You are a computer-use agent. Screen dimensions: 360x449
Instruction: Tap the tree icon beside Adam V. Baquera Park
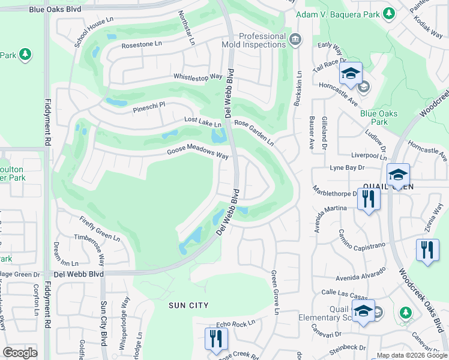tap(388, 13)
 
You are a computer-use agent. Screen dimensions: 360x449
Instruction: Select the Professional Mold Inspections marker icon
tap(295, 40)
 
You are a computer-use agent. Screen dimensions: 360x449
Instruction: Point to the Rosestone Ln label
tap(142, 44)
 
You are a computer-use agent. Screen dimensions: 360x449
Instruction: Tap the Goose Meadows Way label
tap(197, 153)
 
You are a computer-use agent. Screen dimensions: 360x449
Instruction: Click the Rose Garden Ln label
tap(254, 132)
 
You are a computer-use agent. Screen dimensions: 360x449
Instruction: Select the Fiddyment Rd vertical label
tap(47, 119)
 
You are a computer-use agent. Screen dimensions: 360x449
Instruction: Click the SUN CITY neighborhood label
tap(188, 305)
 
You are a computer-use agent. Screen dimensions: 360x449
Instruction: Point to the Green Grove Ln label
tap(275, 292)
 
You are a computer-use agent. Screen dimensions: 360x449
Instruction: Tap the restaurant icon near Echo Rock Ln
tap(215, 338)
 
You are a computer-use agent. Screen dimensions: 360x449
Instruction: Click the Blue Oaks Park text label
tap(374, 118)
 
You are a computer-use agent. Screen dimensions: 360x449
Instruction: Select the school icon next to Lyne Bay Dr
tap(398, 175)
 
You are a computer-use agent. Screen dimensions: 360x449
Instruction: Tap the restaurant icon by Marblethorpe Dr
tap(368, 199)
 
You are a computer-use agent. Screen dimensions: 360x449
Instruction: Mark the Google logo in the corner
tap(20, 353)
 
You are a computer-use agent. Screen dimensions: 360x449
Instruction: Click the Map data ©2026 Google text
tap(412, 355)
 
